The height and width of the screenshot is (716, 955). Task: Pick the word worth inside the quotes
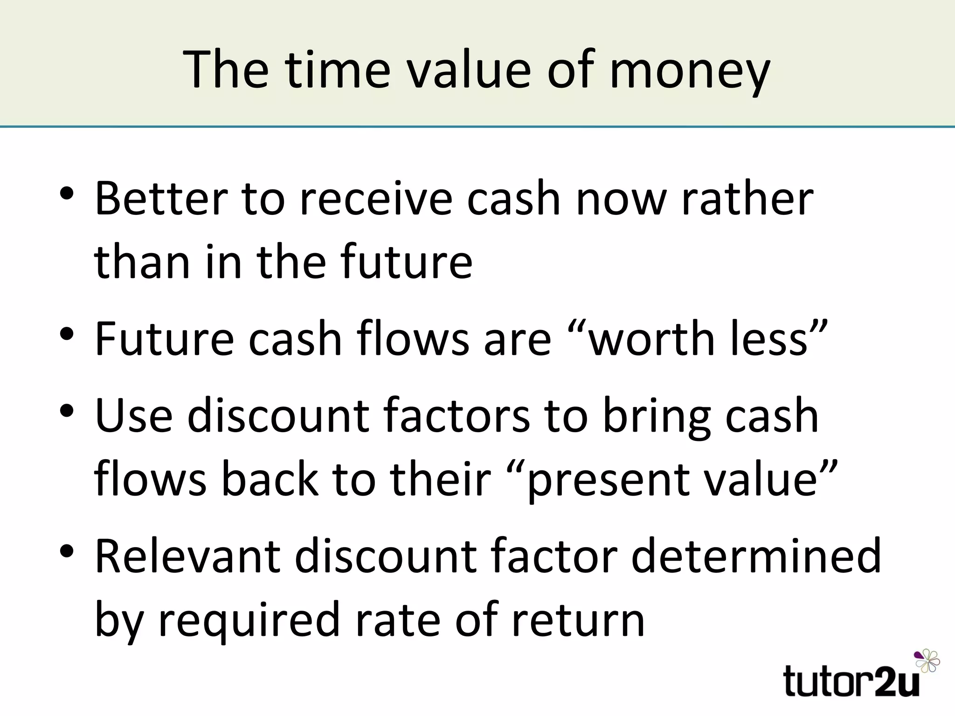click(653, 339)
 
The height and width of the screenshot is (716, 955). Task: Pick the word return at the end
click(578, 620)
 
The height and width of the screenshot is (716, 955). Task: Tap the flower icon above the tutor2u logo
click(927, 660)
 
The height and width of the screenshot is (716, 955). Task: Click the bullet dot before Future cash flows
click(67, 334)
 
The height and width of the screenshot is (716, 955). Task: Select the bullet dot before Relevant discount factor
click(67, 551)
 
